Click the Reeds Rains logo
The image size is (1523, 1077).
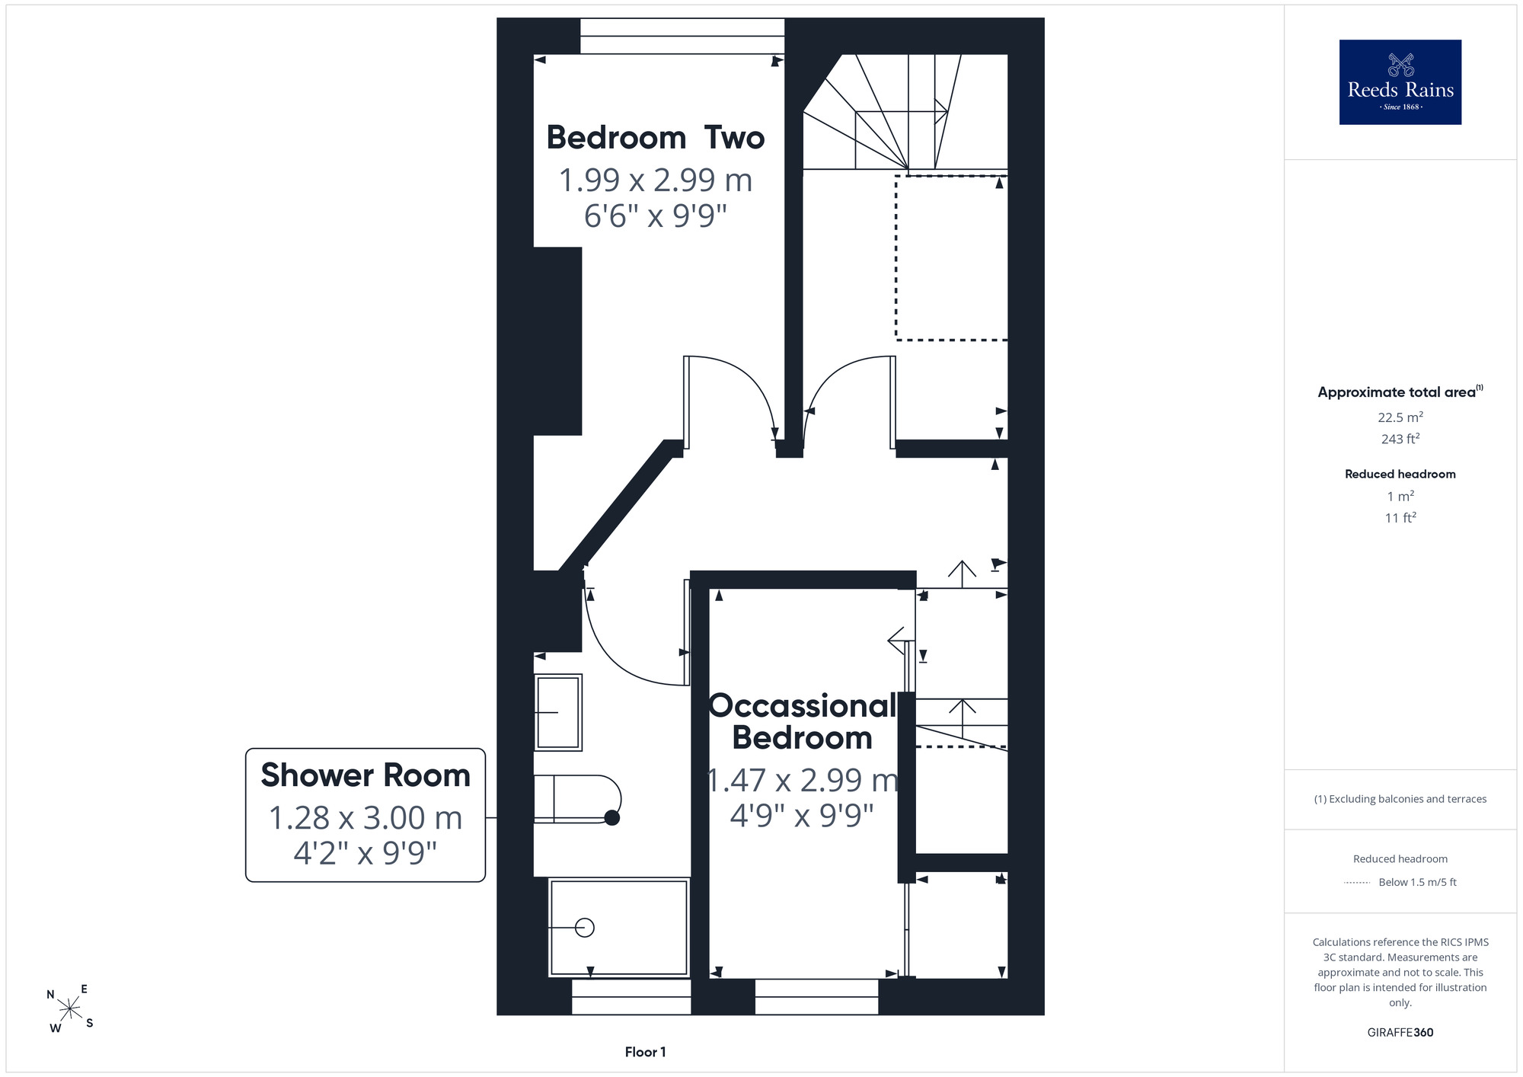(x=1400, y=82)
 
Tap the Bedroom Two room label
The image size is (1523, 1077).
(x=656, y=138)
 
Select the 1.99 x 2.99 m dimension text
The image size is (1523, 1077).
(x=656, y=181)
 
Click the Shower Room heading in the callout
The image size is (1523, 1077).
(x=366, y=775)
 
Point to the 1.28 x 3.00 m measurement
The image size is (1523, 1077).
(x=366, y=818)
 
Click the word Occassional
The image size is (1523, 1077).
(x=803, y=706)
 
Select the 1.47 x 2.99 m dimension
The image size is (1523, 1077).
(x=803, y=780)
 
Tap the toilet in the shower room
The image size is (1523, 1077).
(x=577, y=799)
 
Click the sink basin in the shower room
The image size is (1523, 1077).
(x=558, y=712)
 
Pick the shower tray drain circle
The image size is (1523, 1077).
(x=585, y=928)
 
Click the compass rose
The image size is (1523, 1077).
(x=70, y=1008)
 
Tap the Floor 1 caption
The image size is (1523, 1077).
(x=645, y=1052)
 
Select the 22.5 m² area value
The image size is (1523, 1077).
(x=1400, y=417)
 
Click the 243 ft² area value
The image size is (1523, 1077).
(x=1400, y=439)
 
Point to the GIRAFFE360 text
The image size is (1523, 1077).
(x=1400, y=1033)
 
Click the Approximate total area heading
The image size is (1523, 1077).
(x=1400, y=392)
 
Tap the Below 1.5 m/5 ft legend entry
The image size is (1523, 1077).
(x=1417, y=882)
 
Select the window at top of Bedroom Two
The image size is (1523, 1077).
(x=682, y=36)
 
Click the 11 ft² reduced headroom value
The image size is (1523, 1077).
(x=1400, y=518)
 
